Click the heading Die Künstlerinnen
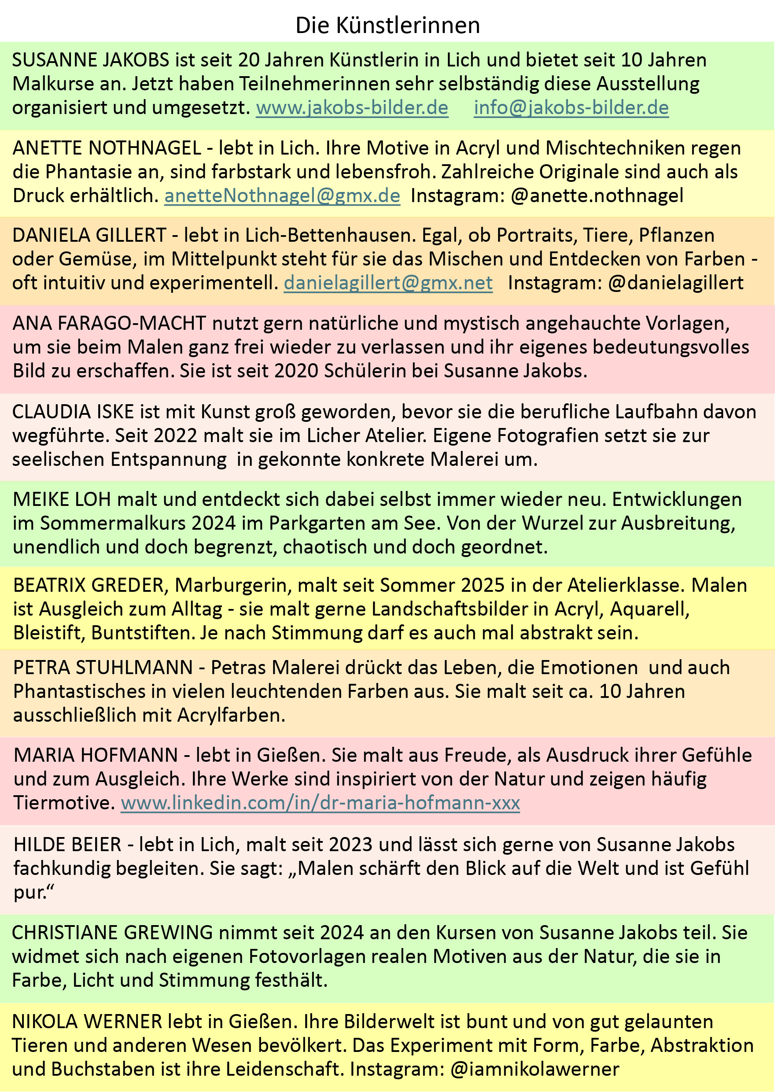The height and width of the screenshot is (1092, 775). click(x=387, y=25)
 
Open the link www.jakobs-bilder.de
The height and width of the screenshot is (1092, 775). click(x=352, y=108)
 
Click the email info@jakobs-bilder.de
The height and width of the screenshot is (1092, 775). click(x=571, y=108)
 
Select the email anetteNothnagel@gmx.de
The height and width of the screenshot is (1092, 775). click(x=282, y=196)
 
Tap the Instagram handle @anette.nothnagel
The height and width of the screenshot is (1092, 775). click(x=597, y=196)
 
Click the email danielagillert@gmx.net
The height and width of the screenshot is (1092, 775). click(x=388, y=283)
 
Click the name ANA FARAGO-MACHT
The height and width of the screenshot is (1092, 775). click(x=109, y=324)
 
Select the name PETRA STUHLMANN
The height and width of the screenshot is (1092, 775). click(x=103, y=668)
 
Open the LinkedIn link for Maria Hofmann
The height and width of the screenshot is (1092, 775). click(x=320, y=803)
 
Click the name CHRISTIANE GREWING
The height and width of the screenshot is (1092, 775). click(x=113, y=933)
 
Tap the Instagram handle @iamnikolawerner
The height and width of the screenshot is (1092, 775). click(x=535, y=1069)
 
